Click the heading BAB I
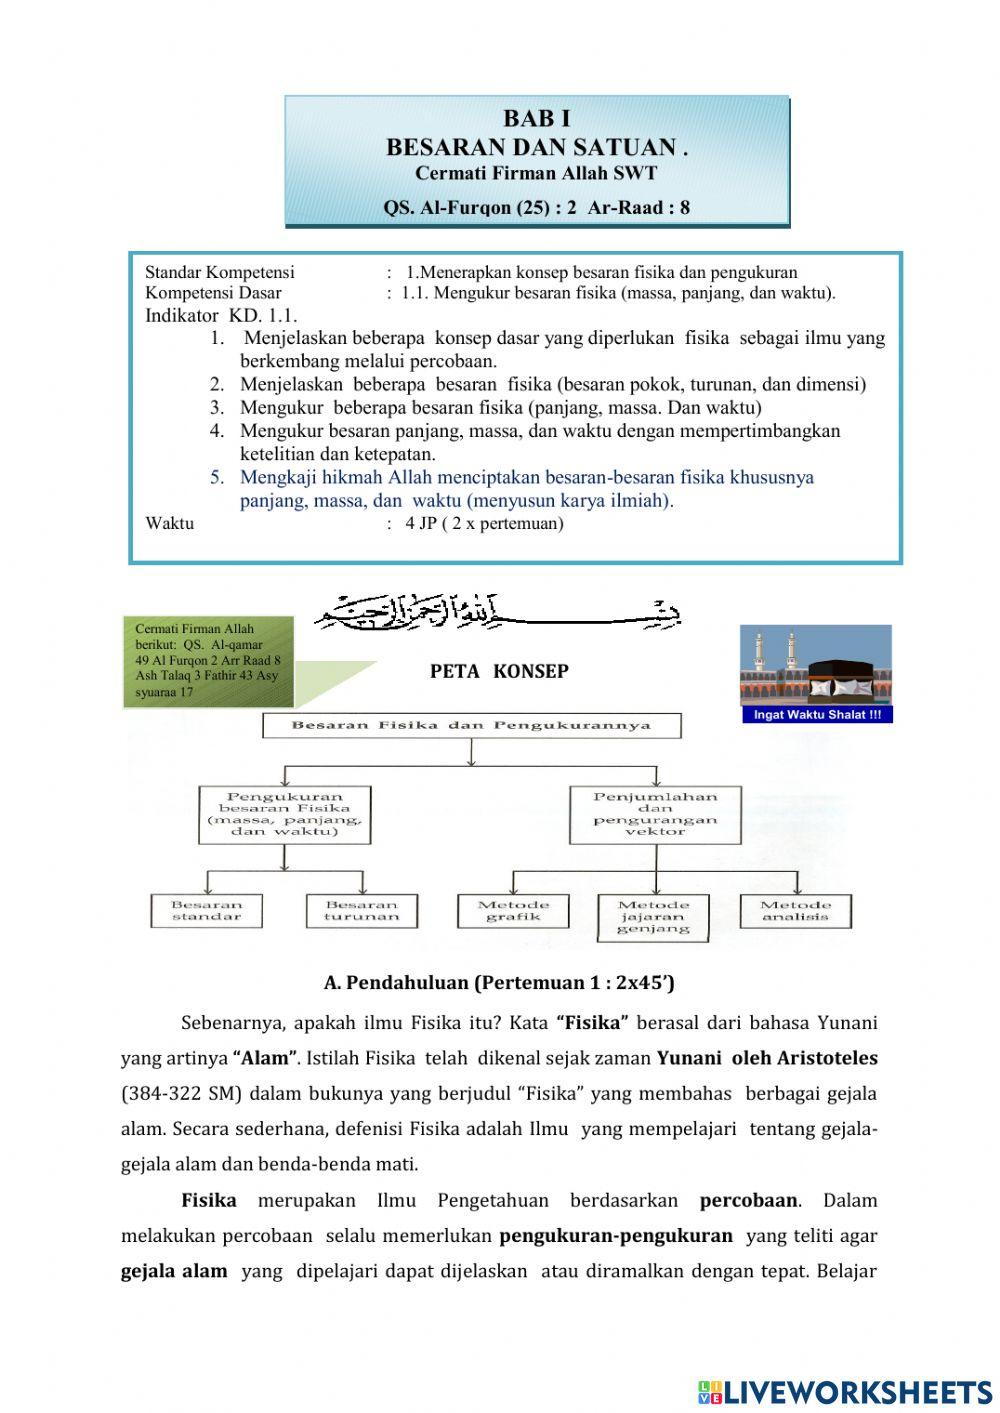coord(536,119)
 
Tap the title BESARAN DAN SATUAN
coord(536,147)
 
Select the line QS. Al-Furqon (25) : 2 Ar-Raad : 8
coord(536,208)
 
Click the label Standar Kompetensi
coord(220,272)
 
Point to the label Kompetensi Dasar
coord(213,293)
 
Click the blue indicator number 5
coord(217,477)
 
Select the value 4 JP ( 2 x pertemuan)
coord(484,523)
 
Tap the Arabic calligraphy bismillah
coord(498,612)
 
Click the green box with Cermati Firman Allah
coord(209,661)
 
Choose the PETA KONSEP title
coord(499,672)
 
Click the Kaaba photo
coord(816,665)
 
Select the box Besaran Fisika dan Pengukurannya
coord(471,726)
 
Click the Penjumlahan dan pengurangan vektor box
coord(656,814)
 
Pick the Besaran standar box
coord(207,910)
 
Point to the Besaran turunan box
coord(361,910)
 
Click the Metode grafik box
coord(514,910)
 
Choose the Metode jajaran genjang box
coord(653,916)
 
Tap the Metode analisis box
coord(796,910)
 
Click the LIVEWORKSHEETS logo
coord(845,1391)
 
